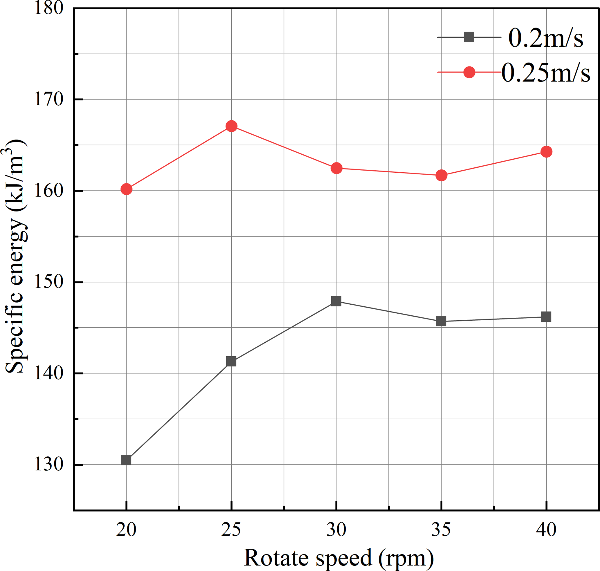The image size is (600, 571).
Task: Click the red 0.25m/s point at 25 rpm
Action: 231,126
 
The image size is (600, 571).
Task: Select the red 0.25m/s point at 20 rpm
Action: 126,189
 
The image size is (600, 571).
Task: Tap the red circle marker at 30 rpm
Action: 336,168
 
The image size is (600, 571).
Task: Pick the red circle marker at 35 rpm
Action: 441,175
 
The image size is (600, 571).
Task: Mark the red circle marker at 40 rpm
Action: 546,151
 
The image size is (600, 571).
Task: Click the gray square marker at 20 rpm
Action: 126,460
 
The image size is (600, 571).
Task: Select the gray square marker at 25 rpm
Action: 231,361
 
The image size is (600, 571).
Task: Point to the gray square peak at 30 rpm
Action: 336,301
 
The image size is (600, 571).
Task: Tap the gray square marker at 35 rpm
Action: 441,321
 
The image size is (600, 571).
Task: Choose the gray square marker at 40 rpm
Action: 546,317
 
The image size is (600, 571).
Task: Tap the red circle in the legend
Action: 469,72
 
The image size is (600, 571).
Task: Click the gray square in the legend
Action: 469,37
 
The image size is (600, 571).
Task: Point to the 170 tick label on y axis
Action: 49,99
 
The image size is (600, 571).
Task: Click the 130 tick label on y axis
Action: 49,465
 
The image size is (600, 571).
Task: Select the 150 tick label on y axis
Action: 49,282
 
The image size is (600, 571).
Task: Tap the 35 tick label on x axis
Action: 441,530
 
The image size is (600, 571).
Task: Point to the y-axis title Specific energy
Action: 15,256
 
